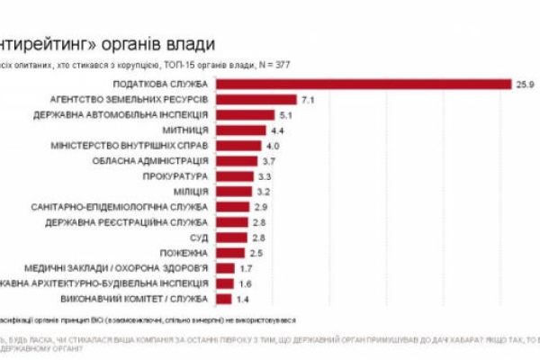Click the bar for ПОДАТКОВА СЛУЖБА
(360, 84)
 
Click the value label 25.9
(527, 84)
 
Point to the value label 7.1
(307, 99)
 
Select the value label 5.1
(287, 114)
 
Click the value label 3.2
(264, 191)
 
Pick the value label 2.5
(256, 252)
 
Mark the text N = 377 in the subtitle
(311, 66)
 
